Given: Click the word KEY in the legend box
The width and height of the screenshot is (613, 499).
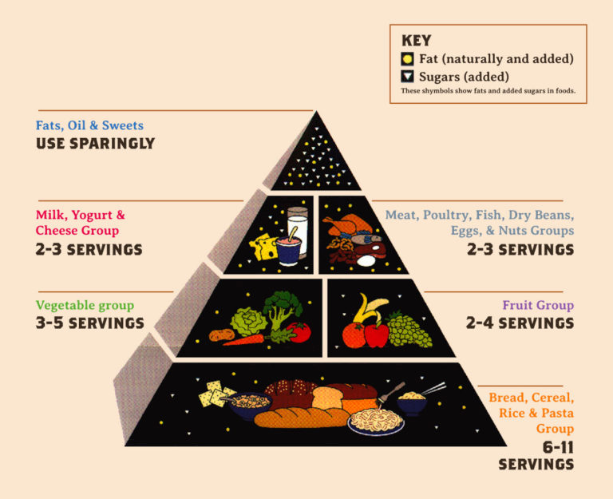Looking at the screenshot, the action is tap(417, 41).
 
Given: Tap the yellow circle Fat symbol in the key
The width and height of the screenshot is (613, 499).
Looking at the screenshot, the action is tap(407, 59).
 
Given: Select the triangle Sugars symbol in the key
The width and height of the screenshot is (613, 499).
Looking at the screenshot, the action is tap(407, 77).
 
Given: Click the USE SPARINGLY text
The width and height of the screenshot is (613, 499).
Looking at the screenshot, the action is tap(96, 144).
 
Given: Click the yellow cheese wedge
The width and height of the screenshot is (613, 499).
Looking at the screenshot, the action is tap(263, 247).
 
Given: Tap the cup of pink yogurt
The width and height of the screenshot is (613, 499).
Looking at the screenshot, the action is tap(288, 249).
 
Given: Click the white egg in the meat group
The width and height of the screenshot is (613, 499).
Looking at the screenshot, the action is tap(366, 260).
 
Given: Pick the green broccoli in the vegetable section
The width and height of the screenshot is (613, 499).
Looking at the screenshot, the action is tap(283, 309).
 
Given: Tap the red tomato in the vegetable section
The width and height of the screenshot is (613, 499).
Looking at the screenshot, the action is tap(300, 332).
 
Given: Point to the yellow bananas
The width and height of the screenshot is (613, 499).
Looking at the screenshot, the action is tap(370, 307).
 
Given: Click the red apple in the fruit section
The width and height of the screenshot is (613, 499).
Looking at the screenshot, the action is tap(376, 335).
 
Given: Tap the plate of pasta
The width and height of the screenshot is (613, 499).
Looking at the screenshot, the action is tap(376, 422).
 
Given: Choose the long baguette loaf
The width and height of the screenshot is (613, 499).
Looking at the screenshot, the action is tap(302, 418).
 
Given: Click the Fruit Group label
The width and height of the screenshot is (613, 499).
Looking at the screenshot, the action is tap(538, 305).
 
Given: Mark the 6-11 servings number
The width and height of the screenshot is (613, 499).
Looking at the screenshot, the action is tap(557, 447).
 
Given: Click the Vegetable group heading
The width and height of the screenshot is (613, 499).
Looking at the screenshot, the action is tap(85, 306).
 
